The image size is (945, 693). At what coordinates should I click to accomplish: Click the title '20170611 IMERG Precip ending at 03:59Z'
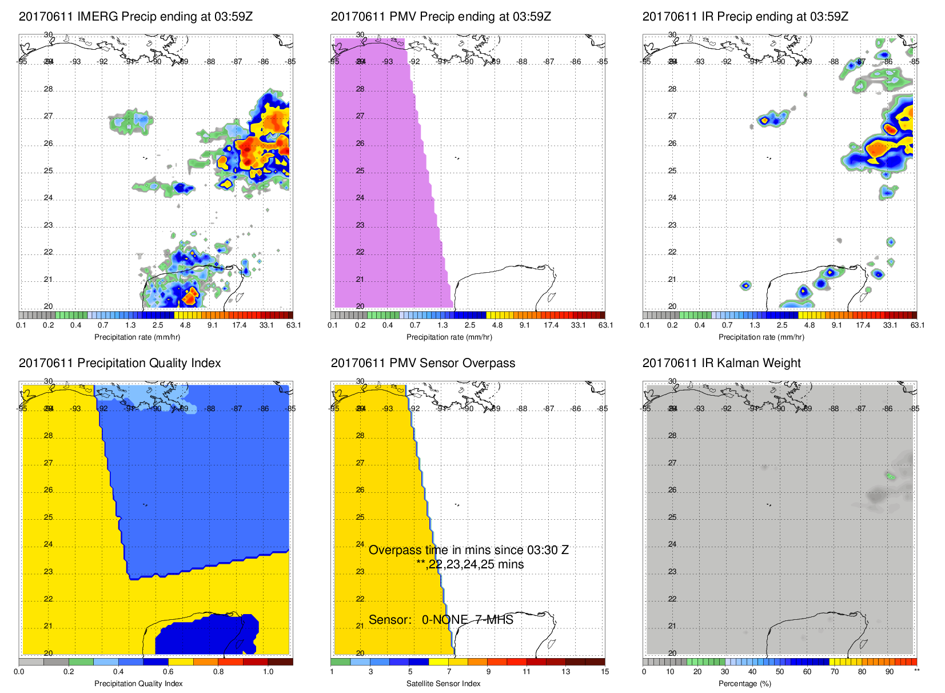135,17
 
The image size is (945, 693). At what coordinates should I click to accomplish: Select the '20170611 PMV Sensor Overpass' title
422,363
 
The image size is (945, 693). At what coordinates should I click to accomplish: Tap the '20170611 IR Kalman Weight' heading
721,363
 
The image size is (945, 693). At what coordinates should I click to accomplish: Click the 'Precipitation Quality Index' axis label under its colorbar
138,683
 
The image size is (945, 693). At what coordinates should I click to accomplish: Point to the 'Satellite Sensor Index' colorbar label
443,683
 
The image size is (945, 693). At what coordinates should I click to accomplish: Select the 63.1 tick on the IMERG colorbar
293,325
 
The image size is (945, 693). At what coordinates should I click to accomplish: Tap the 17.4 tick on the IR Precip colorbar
863,325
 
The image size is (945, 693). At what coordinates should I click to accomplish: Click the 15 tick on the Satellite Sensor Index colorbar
605,672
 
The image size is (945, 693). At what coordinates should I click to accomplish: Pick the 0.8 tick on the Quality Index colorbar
218,672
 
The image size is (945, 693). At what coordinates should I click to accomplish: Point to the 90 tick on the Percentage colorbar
890,672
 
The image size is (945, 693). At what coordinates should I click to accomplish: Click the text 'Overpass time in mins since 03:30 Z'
468,550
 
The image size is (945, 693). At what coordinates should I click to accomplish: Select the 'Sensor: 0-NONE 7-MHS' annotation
441,620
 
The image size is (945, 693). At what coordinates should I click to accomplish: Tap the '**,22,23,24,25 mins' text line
470,564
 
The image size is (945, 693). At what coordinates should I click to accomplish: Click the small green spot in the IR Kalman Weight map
890,476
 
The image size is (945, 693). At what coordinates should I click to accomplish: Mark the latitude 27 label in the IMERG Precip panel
49,116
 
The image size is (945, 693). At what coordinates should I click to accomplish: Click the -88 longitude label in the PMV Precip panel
522,62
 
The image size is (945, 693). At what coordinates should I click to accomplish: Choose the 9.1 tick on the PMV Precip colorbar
524,325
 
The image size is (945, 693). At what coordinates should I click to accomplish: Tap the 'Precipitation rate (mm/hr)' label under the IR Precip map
761,337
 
